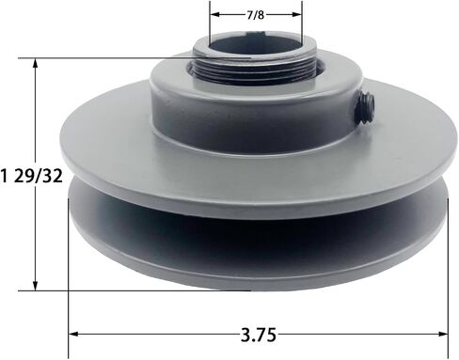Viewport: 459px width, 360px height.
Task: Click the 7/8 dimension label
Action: [256, 15]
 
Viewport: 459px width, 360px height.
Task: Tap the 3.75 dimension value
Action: [259, 335]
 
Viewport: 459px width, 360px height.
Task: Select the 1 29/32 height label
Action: [31, 176]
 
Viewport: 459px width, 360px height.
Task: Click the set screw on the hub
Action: [366, 109]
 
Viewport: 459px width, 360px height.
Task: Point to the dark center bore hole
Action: [255, 46]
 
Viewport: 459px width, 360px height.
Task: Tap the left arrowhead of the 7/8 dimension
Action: [214, 14]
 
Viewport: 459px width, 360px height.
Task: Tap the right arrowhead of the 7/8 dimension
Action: [296, 14]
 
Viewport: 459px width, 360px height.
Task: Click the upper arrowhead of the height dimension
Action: [36, 63]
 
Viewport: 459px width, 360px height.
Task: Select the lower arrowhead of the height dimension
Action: [36, 286]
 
